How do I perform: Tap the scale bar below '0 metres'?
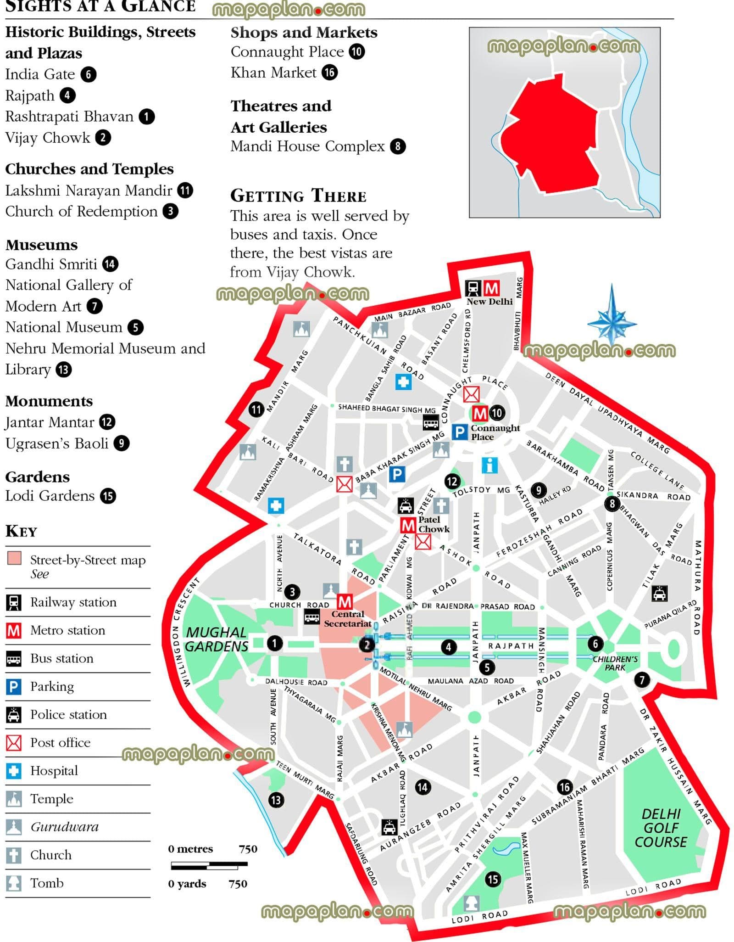[x=209, y=865]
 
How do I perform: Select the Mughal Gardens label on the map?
[x=216, y=639]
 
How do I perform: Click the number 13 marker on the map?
[x=275, y=800]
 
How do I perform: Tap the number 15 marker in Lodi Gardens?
[x=493, y=879]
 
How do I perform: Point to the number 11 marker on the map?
[x=256, y=409]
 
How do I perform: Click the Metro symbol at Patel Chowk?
[x=407, y=525]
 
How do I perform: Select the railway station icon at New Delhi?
[x=473, y=288]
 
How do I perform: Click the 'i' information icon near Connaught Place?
[x=489, y=465]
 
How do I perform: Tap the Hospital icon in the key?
[x=14, y=770]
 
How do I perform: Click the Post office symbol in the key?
[x=14, y=742]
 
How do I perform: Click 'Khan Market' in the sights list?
[x=273, y=73]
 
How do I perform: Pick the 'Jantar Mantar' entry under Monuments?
[x=50, y=422]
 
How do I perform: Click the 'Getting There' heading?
[x=298, y=196]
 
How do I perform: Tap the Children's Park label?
[x=615, y=663]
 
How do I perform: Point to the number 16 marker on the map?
[x=564, y=787]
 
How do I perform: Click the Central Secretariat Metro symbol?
[x=345, y=601]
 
